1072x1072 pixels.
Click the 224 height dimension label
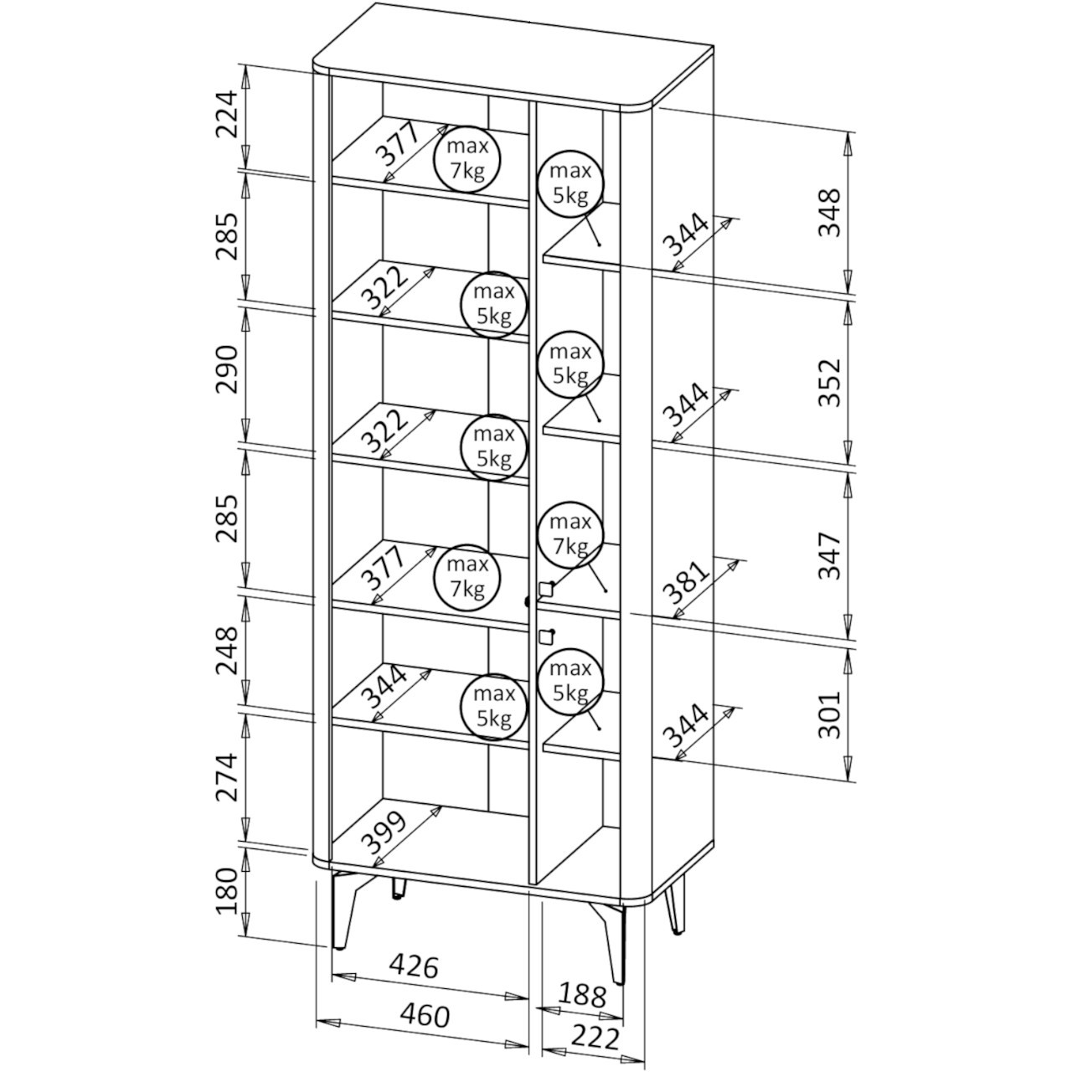(226, 115)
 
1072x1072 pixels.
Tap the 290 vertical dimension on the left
(226, 368)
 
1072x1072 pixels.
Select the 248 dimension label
(226, 651)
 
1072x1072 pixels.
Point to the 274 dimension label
(226, 777)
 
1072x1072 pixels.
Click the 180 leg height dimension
(226, 906)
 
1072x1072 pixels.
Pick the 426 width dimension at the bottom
(414, 966)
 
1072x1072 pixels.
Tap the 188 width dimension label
(582, 995)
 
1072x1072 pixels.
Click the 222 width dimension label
(595, 1038)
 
